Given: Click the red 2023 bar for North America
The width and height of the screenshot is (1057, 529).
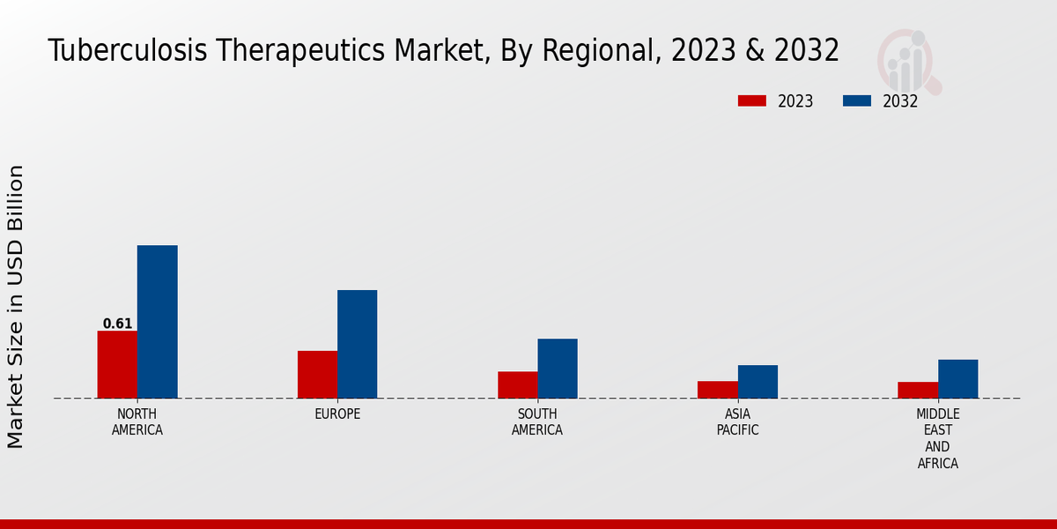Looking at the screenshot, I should click(117, 364).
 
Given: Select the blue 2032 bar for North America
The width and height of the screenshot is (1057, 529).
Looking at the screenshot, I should click(157, 322).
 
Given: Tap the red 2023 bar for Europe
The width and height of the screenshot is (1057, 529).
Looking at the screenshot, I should click(317, 375).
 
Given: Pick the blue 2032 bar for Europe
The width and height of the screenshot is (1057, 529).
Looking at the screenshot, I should click(357, 344).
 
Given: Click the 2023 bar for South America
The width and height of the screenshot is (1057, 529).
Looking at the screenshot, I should click(517, 384).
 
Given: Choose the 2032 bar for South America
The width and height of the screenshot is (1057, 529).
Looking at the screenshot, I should click(558, 369).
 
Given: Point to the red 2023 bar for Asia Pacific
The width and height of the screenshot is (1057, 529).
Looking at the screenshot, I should click(717, 390).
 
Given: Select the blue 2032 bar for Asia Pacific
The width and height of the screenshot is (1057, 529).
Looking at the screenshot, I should click(758, 382).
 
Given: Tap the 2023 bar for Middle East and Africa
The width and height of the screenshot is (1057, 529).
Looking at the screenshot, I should click(918, 390).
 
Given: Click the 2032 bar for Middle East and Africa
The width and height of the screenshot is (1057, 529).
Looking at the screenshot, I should click(957, 379).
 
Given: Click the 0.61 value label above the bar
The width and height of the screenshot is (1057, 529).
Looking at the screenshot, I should click(117, 324).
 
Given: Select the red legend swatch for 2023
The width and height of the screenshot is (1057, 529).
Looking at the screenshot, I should click(752, 101).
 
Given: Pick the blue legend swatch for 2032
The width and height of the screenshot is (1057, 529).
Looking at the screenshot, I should click(857, 101).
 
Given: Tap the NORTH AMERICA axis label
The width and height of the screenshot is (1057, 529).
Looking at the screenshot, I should click(137, 422).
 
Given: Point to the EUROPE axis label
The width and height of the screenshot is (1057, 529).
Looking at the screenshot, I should click(337, 414).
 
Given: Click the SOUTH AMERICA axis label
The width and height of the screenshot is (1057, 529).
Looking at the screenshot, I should click(537, 422).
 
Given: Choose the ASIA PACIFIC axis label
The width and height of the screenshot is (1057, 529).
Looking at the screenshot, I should click(737, 422).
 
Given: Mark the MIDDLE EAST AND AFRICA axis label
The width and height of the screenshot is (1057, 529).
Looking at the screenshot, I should click(938, 438).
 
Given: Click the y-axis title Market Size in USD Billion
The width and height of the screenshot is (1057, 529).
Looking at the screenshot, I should click(16, 306).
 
